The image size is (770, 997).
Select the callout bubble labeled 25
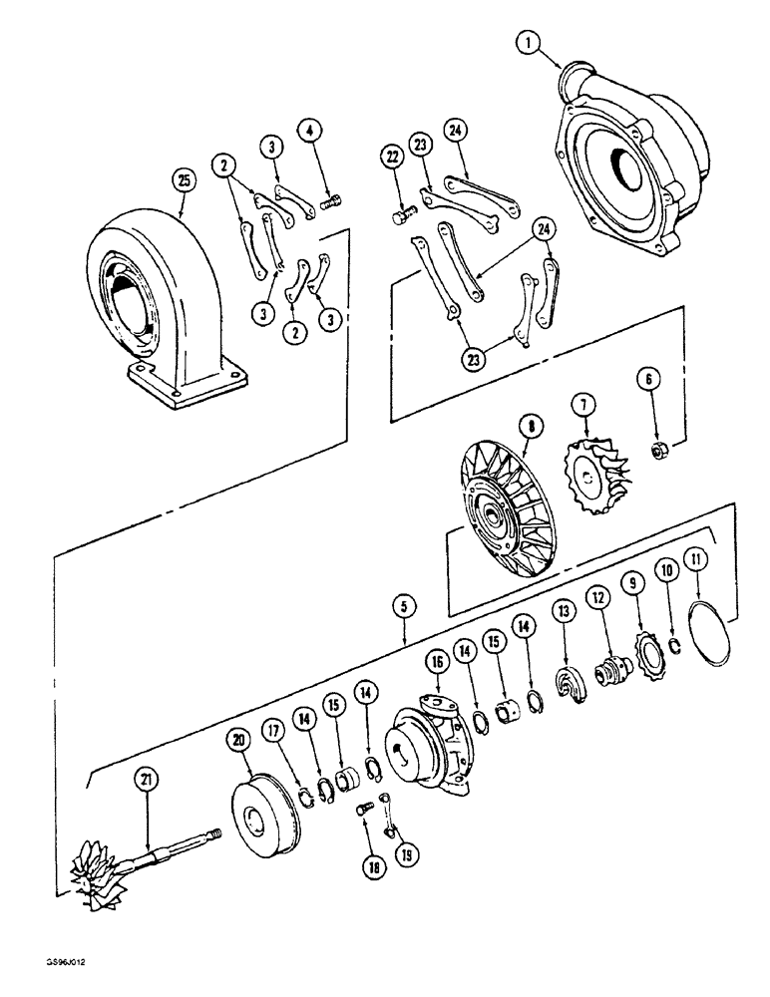click(182, 179)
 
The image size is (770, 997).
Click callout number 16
click(435, 660)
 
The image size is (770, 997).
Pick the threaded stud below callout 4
click(332, 203)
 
